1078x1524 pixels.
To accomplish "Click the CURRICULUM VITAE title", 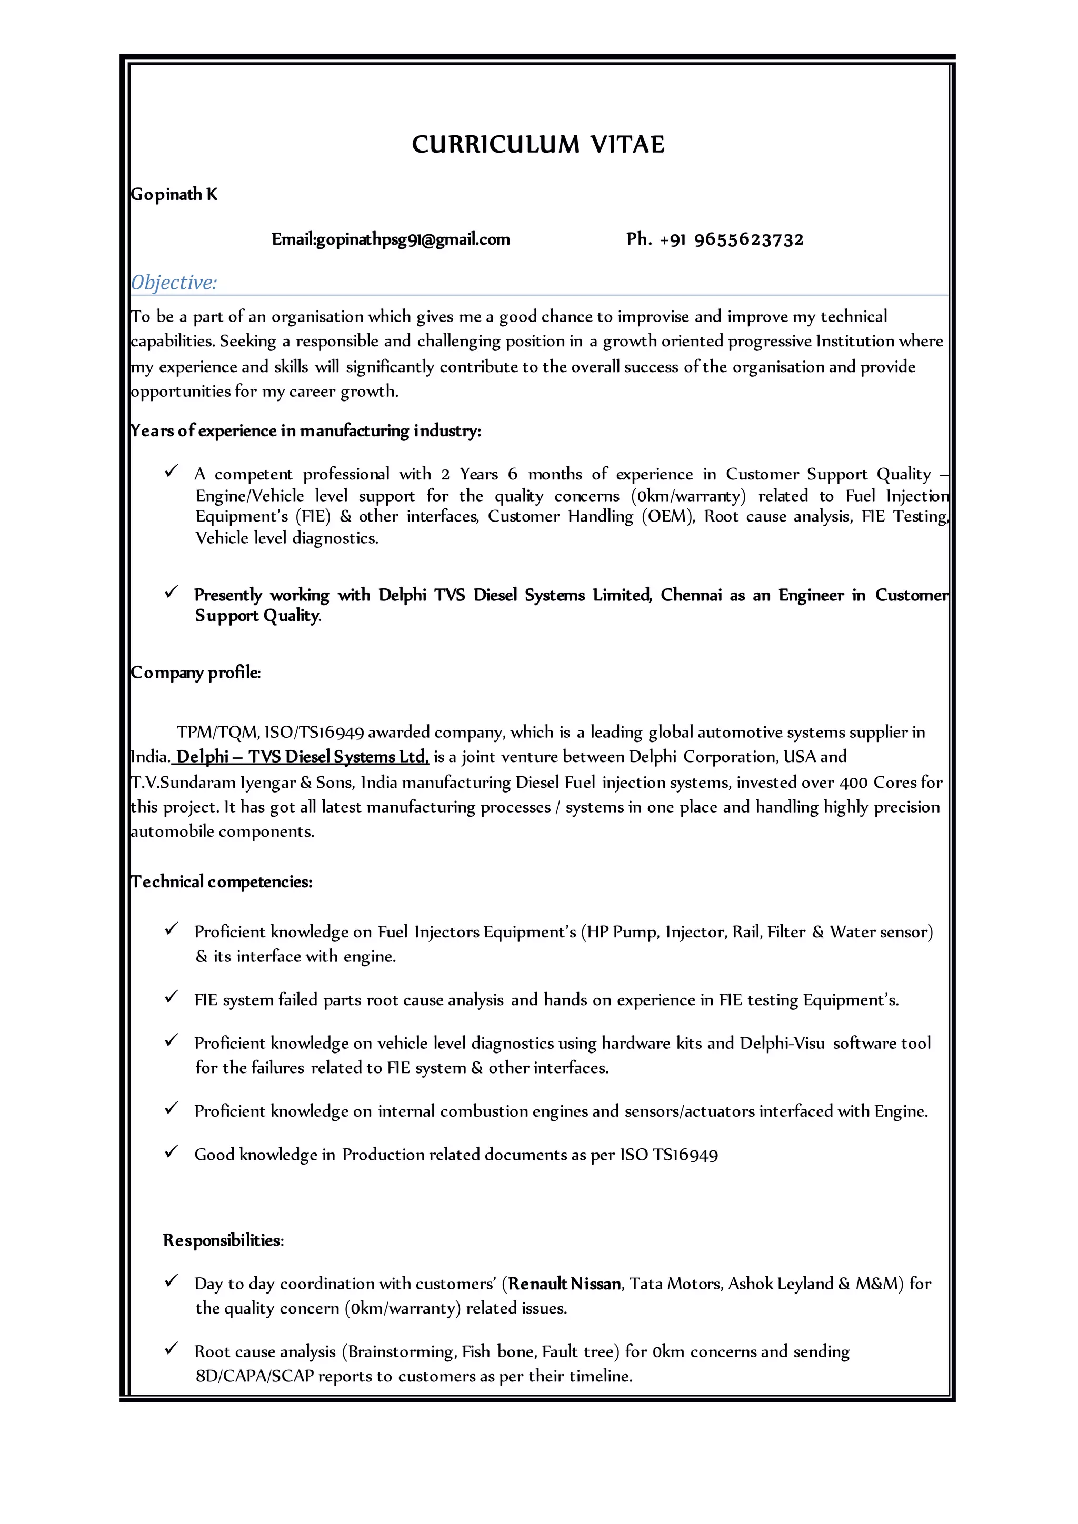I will tap(537, 145).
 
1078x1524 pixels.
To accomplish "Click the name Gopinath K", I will tap(174, 195).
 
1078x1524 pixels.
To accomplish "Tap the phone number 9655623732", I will tap(749, 239).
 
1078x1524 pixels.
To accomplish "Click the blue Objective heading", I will tap(174, 283).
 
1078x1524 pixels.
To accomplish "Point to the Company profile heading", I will tap(196, 673).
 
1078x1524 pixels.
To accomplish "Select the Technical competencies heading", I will tap(221, 881).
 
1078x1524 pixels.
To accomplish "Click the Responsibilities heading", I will tap(223, 1240).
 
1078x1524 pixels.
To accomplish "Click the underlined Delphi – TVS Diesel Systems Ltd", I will tap(302, 757).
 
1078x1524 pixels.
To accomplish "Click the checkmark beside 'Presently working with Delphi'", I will tap(171, 591).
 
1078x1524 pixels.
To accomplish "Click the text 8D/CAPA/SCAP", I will tap(254, 1376).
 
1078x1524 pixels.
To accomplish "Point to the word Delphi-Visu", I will tap(782, 1044).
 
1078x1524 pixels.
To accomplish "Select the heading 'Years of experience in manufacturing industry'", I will tap(305, 431).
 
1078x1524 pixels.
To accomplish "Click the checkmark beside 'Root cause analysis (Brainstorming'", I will tap(171, 1348).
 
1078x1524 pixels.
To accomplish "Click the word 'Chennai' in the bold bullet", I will tap(691, 595).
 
